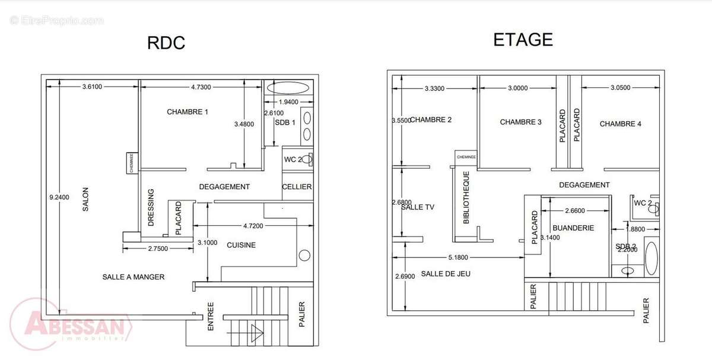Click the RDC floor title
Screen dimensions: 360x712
[166, 43]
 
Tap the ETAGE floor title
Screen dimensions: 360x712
[523, 40]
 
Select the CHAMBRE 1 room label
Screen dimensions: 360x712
[187, 111]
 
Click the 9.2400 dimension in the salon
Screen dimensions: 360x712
[59, 197]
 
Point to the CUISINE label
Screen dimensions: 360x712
[241, 245]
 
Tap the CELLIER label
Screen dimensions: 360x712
[297, 187]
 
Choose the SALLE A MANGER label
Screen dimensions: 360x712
[133, 277]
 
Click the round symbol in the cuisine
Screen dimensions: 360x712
[304, 256]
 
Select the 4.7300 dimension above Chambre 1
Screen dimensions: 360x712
[201, 87]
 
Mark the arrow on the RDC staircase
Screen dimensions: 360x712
[257, 333]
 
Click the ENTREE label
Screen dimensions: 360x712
[211, 318]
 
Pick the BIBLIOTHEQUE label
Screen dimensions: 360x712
[466, 198]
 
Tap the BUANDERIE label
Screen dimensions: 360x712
[573, 228]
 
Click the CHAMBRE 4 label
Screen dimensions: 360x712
[620, 124]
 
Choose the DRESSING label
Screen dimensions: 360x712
[151, 208]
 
